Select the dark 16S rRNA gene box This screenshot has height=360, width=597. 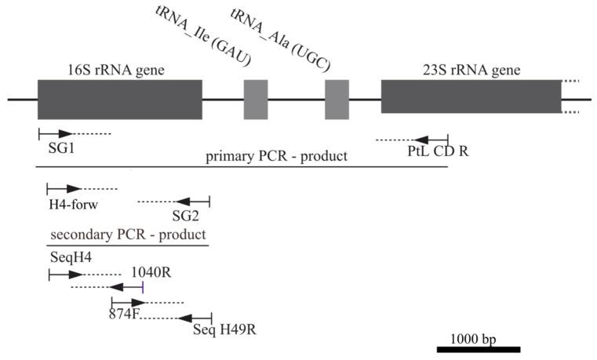119,99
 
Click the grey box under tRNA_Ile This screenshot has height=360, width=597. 256,100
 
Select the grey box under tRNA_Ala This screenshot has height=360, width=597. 337,100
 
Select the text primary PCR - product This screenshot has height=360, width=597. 276,156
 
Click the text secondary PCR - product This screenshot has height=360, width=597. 128,235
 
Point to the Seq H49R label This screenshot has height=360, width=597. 224,329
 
